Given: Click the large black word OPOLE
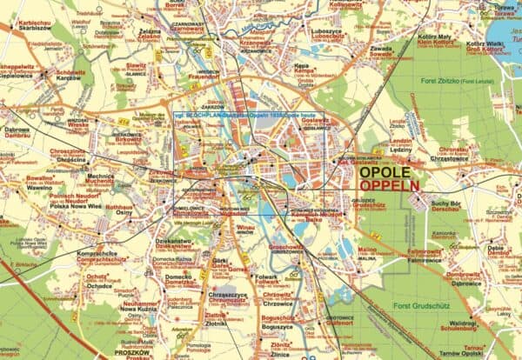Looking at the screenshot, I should point(388,172).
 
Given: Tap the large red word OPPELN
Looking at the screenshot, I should point(389,186).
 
